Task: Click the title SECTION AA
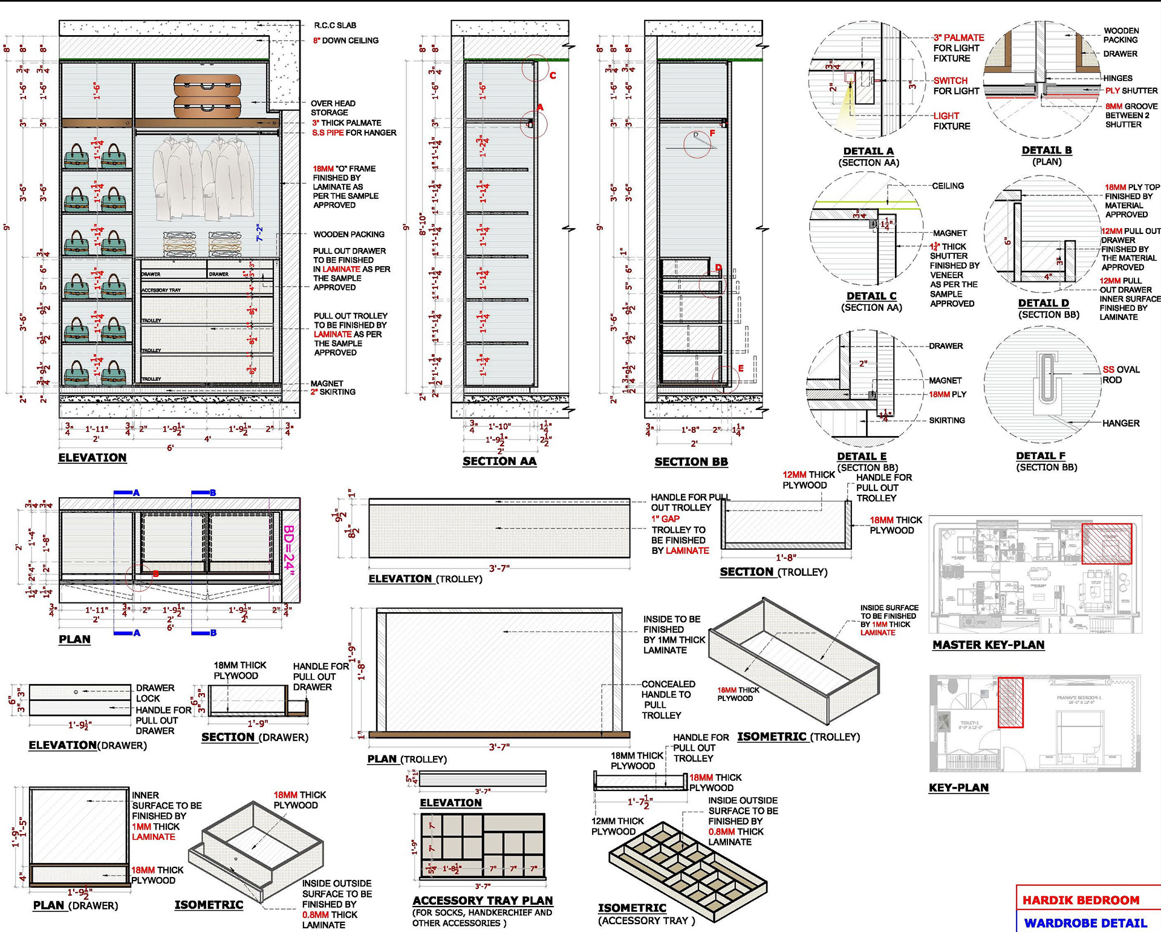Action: pyautogui.click(x=499, y=461)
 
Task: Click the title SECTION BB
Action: pyautogui.click(x=691, y=462)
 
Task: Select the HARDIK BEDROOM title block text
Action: pyautogui.click(x=1081, y=900)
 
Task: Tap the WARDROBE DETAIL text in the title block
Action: pyautogui.click(x=1085, y=923)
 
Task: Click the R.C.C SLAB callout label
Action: pyautogui.click(x=335, y=25)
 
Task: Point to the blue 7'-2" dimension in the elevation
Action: pyautogui.click(x=259, y=233)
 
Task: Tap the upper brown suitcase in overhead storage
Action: pyautogui.click(x=207, y=85)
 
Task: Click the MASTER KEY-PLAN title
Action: pyautogui.click(x=988, y=645)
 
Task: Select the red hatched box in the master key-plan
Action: pyautogui.click(x=1106, y=544)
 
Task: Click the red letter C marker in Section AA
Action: pyautogui.click(x=553, y=76)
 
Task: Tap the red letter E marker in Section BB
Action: pyautogui.click(x=741, y=368)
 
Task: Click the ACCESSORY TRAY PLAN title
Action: pyautogui.click(x=483, y=901)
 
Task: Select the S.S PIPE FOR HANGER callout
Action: pyautogui.click(x=354, y=133)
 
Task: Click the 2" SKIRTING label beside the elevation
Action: pyautogui.click(x=333, y=392)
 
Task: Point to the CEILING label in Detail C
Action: pyautogui.click(x=948, y=186)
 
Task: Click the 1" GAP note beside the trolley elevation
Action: pyautogui.click(x=665, y=519)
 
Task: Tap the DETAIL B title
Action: pyautogui.click(x=1047, y=151)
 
